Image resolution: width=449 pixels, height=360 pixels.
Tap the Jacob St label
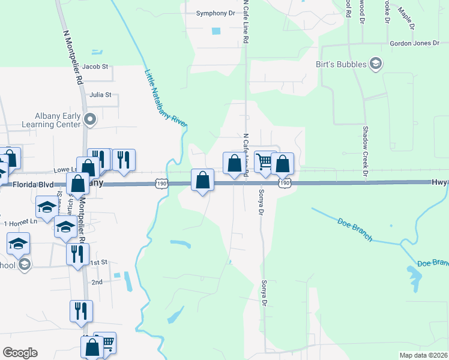[95, 67]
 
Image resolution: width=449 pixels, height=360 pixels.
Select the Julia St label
[100, 95]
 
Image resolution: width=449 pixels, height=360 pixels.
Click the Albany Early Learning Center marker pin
[91, 119]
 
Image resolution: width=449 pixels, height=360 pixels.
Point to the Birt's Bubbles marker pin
[376, 63]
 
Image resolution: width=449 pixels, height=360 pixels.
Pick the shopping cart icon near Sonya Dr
[263, 161]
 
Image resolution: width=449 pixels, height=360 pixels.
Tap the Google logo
[20, 353]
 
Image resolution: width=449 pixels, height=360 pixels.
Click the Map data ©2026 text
[423, 355]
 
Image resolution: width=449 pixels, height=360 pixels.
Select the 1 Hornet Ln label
[21, 223]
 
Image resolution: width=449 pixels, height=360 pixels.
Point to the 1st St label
[98, 263]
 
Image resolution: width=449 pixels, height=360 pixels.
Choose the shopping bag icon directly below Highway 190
[203, 179]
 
